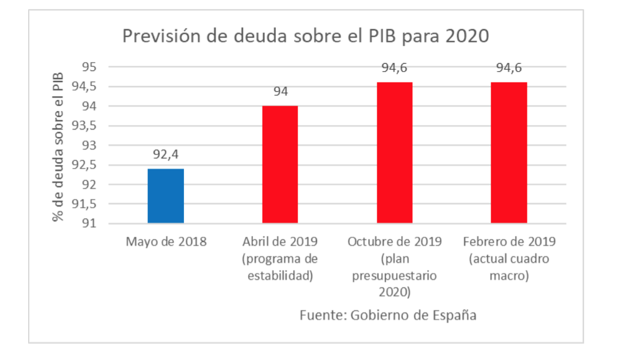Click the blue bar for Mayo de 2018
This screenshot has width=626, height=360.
[166, 195]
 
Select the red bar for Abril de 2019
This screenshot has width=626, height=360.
[280, 165]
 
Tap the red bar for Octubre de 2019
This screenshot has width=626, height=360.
[394, 152]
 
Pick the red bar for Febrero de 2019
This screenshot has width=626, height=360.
[508, 152]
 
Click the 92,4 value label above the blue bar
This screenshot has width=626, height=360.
[166, 154]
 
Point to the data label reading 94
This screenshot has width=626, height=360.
[280, 92]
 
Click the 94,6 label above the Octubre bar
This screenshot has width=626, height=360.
[394, 69]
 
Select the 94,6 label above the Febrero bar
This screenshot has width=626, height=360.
[508, 69]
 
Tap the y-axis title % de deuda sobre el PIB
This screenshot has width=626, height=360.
[58, 147]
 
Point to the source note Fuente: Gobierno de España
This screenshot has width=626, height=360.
[388, 315]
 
